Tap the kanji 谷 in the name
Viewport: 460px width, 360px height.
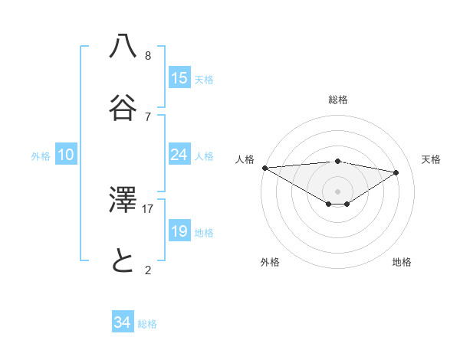(123, 106)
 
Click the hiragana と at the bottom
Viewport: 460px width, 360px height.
(123, 260)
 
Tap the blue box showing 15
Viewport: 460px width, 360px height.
(179, 78)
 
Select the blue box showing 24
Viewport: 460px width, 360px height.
(179, 155)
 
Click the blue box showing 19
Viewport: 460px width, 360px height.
(179, 231)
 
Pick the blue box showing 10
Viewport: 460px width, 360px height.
(66, 155)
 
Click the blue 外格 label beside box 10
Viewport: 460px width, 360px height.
(41, 156)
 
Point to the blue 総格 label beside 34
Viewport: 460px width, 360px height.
(147, 325)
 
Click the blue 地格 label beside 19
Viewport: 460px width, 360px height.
(204, 233)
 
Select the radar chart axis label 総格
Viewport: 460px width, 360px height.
(337, 100)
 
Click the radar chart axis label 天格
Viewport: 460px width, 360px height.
(431, 159)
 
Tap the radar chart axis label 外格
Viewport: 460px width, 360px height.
(270, 262)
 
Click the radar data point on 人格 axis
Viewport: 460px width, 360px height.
(264, 167)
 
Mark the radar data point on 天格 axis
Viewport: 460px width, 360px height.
(396, 172)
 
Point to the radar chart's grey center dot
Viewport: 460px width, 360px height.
(337, 191)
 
